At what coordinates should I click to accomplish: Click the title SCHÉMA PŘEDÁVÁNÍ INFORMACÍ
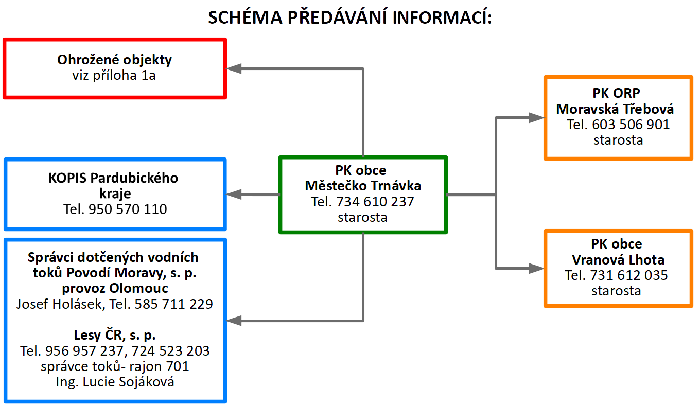point(349,17)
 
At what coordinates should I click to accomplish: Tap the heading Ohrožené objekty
point(114,60)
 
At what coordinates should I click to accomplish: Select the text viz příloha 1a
point(114,75)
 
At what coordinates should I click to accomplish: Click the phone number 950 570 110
point(128,209)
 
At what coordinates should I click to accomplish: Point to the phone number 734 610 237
point(375,202)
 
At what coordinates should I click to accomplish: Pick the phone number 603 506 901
point(631,125)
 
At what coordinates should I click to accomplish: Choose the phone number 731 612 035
point(629,275)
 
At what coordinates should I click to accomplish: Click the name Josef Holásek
point(59,304)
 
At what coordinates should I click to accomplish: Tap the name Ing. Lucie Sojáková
point(115,382)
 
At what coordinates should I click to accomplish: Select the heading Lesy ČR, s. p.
point(115,336)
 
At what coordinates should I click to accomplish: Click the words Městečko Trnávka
point(363,186)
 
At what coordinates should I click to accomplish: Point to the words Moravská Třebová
point(615,109)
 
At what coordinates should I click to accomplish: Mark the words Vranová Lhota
point(618,260)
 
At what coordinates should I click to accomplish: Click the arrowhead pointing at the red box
point(234,68)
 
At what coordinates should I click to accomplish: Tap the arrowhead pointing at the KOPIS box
point(234,195)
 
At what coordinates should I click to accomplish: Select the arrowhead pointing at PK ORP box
point(536,118)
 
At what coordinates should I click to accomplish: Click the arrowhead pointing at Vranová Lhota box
point(536,269)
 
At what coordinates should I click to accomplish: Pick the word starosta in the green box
point(362,217)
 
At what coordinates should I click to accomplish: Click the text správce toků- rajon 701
point(115,366)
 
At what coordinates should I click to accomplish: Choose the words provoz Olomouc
point(115,288)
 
